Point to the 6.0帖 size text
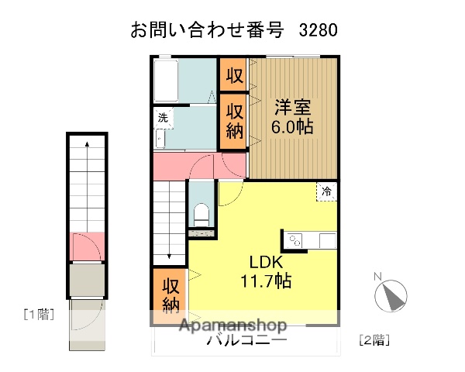[x=293, y=127]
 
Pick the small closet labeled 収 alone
[x=234, y=75]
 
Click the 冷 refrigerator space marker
[x=326, y=191]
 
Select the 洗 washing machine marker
[x=163, y=118]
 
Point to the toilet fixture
[x=201, y=212]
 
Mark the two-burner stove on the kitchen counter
[x=295, y=241]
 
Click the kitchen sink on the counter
[x=326, y=240]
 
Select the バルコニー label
[x=246, y=340]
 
